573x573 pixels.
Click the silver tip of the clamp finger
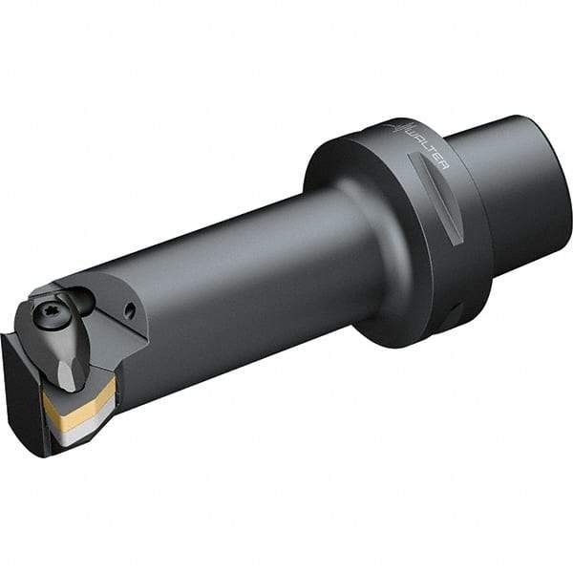point(67,377)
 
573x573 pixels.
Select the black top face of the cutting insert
point(95,382)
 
